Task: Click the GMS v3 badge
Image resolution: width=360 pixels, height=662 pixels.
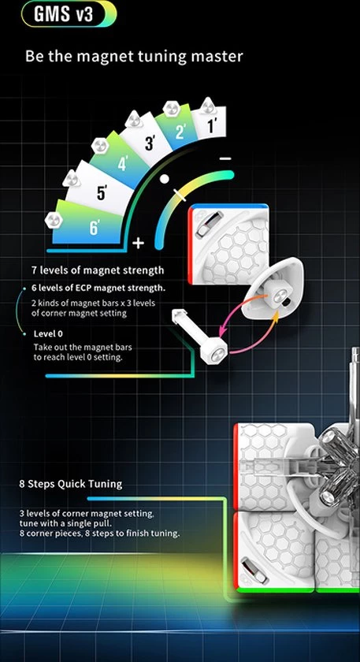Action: pyautogui.click(x=69, y=14)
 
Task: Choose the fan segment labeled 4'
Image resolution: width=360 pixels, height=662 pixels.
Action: pyautogui.click(x=121, y=162)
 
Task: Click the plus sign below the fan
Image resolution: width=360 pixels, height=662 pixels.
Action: pyautogui.click(x=138, y=244)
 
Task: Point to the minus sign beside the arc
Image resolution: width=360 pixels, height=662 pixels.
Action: pyautogui.click(x=226, y=158)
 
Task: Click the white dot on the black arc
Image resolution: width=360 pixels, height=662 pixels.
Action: pyautogui.click(x=165, y=179)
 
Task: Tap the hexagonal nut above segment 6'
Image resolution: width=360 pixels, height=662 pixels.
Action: pyautogui.click(x=54, y=220)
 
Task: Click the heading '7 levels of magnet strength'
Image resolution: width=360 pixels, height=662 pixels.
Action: pyautogui.click(x=98, y=270)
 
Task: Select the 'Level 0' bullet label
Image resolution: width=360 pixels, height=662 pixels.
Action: pyautogui.click(x=48, y=333)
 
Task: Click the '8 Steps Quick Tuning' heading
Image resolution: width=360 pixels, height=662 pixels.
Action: pyautogui.click(x=70, y=484)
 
